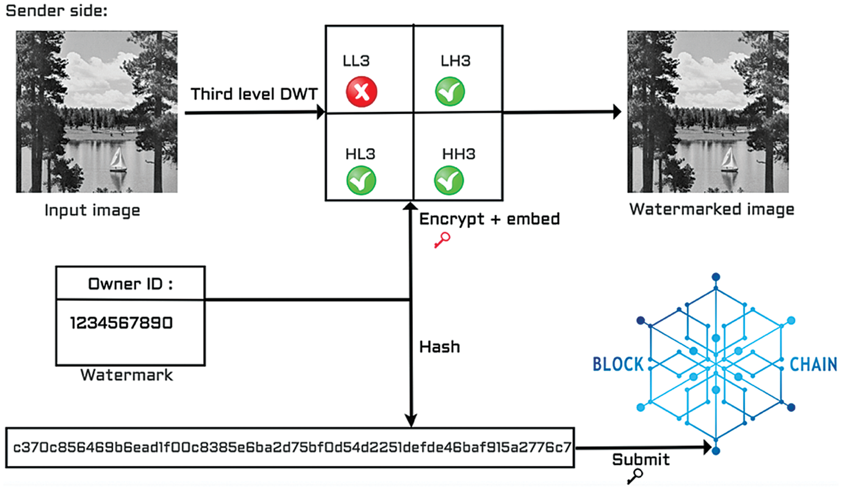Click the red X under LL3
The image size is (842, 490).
click(x=361, y=91)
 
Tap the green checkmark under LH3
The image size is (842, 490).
click(x=450, y=91)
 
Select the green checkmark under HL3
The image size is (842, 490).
click(x=361, y=181)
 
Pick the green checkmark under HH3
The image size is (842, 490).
click(x=449, y=181)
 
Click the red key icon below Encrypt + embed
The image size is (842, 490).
click(x=442, y=239)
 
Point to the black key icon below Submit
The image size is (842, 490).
click(x=635, y=476)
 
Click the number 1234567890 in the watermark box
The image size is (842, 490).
click(x=121, y=323)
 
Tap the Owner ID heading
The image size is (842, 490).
click(x=130, y=284)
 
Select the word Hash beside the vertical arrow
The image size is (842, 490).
click(x=439, y=347)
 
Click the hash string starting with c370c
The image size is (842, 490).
click(x=292, y=448)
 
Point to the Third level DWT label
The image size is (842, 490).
click(x=254, y=94)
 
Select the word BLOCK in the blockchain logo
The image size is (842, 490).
click(x=618, y=364)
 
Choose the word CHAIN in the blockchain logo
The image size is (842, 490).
click(x=814, y=364)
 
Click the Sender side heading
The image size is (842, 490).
click(x=56, y=11)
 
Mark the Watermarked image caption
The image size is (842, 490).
click(x=712, y=209)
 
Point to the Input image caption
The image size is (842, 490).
click(x=92, y=210)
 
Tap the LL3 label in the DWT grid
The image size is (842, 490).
click(x=356, y=61)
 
